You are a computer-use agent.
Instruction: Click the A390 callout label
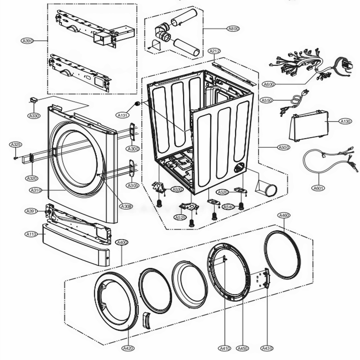pyautogui.click(x=27, y=41)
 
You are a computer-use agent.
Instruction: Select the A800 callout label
pyautogui.click(x=234, y=28)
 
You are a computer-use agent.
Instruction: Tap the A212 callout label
pyautogui.click(x=214, y=51)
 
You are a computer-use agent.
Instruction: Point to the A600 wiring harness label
pyautogui.click(x=269, y=84)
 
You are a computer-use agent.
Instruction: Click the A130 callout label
pyautogui.click(x=345, y=122)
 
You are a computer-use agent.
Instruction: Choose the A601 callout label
pyautogui.click(x=318, y=188)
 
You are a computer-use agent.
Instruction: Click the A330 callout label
pyautogui.click(x=34, y=116)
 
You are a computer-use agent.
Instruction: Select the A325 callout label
pyautogui.click(x=16, y=144)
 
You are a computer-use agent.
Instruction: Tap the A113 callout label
pyautogui.click(x=31, y=234)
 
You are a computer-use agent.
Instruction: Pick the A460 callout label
pyautogui.click(x=284, y=215)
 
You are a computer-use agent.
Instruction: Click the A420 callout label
pyautogui.click(x=128, y=348)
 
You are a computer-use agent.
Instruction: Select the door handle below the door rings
pyautogui.click(x=147, y=320)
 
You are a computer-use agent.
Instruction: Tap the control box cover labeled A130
pyautogui.click(x=309, y=126)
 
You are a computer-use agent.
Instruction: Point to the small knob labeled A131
pyautogui.click(x=137, y=104)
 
